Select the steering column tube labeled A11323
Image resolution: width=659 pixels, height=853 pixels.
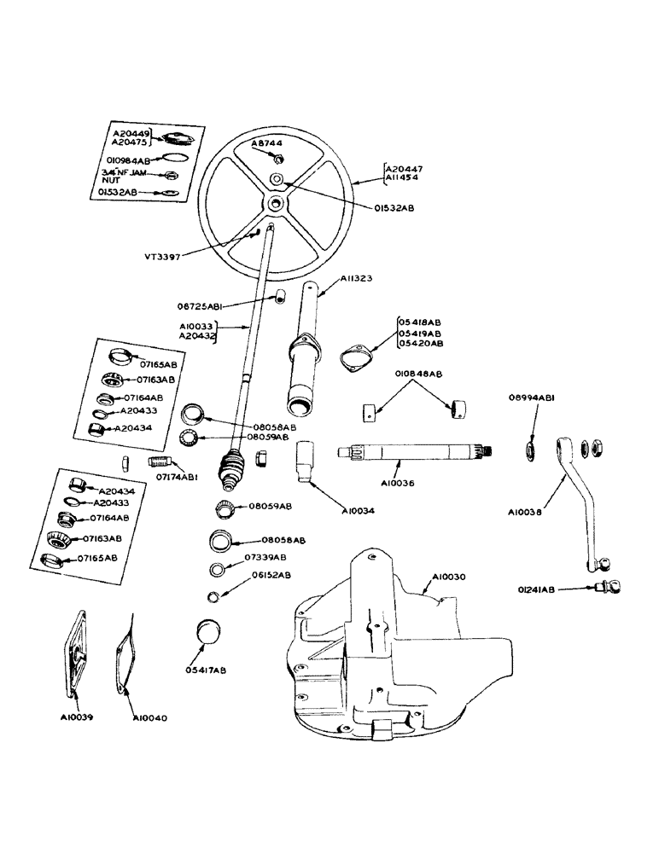click(x=306, y=350)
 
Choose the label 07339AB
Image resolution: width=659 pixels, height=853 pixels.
click(x=266, y=557)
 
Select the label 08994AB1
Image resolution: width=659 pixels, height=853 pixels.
click(x=534, y=397)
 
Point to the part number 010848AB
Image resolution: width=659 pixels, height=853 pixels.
click(x=417, y=374)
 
